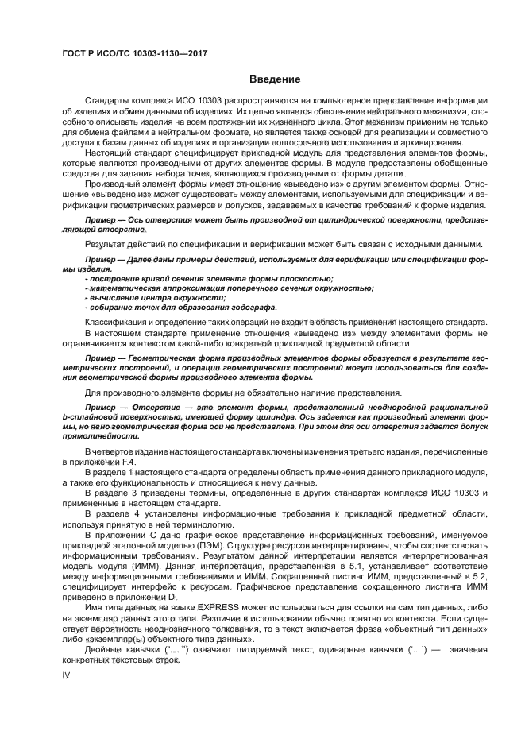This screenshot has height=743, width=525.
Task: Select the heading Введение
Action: point(274,79)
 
